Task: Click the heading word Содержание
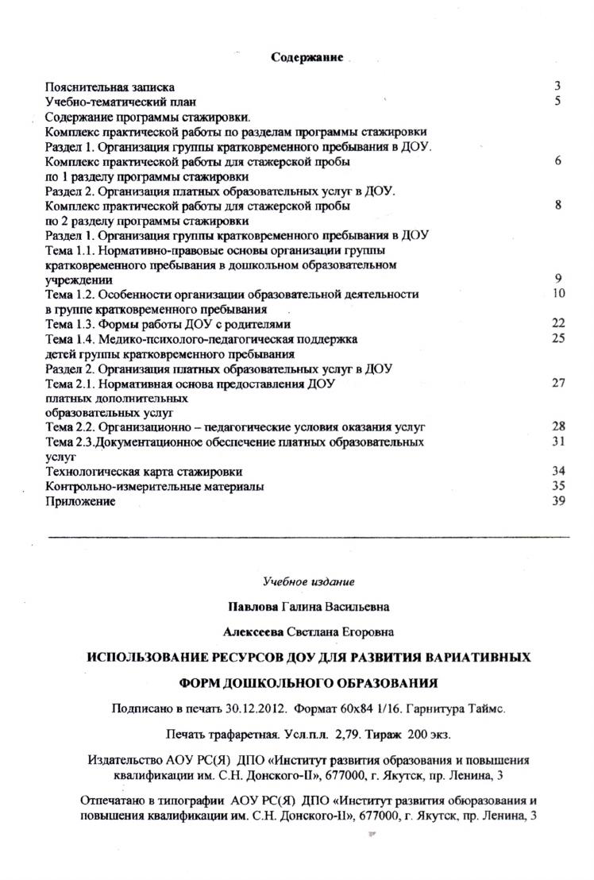click(307, 57)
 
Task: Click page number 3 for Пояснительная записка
click(557, 87)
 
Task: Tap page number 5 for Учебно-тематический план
click(558, 102)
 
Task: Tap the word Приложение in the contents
click(80, 501)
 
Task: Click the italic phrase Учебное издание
click(308, 581)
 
